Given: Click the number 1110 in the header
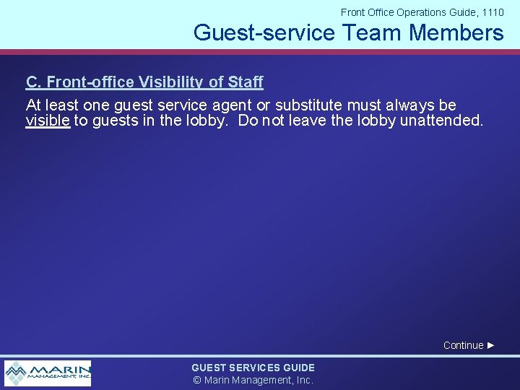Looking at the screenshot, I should (x=491, y=12).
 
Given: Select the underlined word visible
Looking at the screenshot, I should (x=48, y=121).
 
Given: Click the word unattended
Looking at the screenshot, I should (x=441, y=121).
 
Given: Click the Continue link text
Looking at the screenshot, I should (x=463, y=345).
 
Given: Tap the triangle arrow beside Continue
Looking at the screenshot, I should (x=491, y=345).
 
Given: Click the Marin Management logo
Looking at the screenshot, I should (x=48, y=373).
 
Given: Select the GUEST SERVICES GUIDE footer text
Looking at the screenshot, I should (x=253, y=368).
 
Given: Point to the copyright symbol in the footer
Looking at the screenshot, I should (x=196, y=380).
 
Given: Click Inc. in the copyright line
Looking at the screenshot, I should (x=303, y=380).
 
